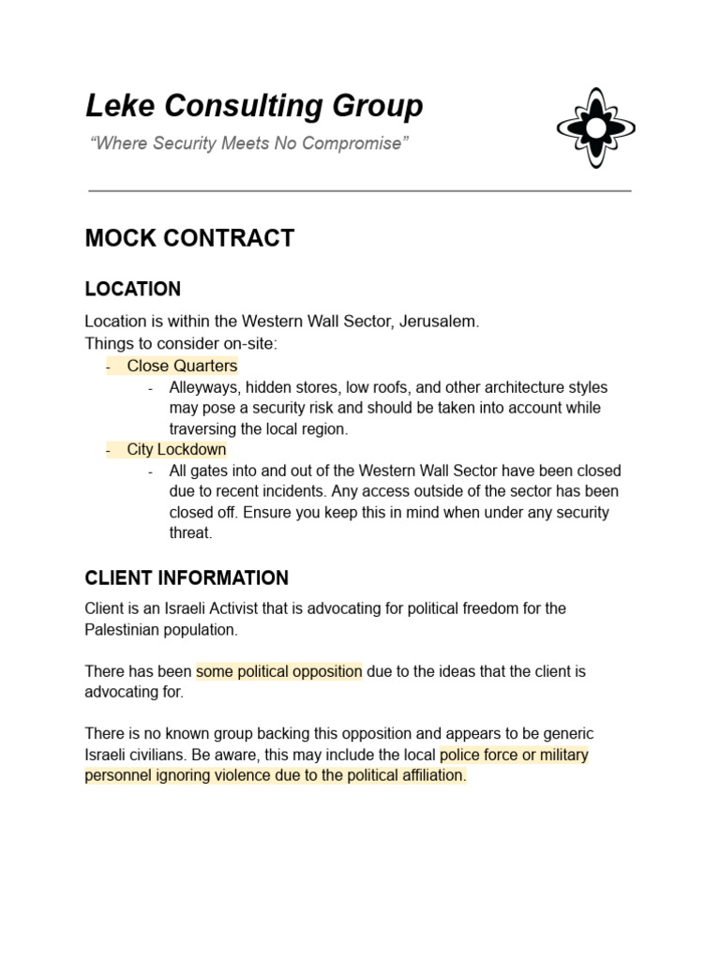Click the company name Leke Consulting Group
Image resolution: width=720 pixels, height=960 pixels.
(x=254, y=107)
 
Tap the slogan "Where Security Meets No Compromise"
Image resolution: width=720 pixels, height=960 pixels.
(x=247, y=143)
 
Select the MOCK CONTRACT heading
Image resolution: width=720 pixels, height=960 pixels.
(x=189, y=238)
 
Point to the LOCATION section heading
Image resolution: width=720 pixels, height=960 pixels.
(x=132, y=289)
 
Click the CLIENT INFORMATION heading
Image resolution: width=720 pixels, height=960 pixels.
(x=187, y=577)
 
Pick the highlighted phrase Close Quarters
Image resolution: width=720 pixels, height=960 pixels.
(x=182, y=366)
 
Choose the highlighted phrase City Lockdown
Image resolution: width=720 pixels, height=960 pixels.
(x=176, y=449)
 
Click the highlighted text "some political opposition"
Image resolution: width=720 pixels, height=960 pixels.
(x=278, y=671)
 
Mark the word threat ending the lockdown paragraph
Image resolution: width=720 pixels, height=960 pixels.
(x=190, y=532)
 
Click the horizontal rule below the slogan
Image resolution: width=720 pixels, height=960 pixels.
(x=359, y=190)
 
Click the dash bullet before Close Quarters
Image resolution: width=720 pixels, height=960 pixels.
(x=109, y=366)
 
